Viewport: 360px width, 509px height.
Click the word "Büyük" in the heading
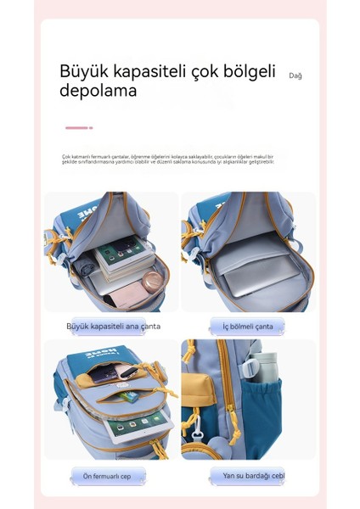pyautogui.click(x=84, y=71)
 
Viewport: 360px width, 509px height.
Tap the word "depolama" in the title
pyautogui.click(x=98, y=91)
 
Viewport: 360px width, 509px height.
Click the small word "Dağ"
pyautogui.click(x=295, y=76)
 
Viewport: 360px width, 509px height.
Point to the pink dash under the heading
pyautogui.click(x=78, y=128)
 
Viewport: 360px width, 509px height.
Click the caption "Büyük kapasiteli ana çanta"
pyautogui.click(x=113, y=326)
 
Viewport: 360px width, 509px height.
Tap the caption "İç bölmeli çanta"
pyautogui.click(x=248, y=327)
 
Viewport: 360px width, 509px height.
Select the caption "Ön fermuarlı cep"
pyautogui.click(x=107, y=477)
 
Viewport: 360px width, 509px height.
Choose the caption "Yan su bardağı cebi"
pyautogui.click(x=253, y=476)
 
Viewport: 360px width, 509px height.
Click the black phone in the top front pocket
pyautogui.click(x=109, y=374)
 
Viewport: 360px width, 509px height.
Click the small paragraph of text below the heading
pyautogui.click(x=167, y=159)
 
